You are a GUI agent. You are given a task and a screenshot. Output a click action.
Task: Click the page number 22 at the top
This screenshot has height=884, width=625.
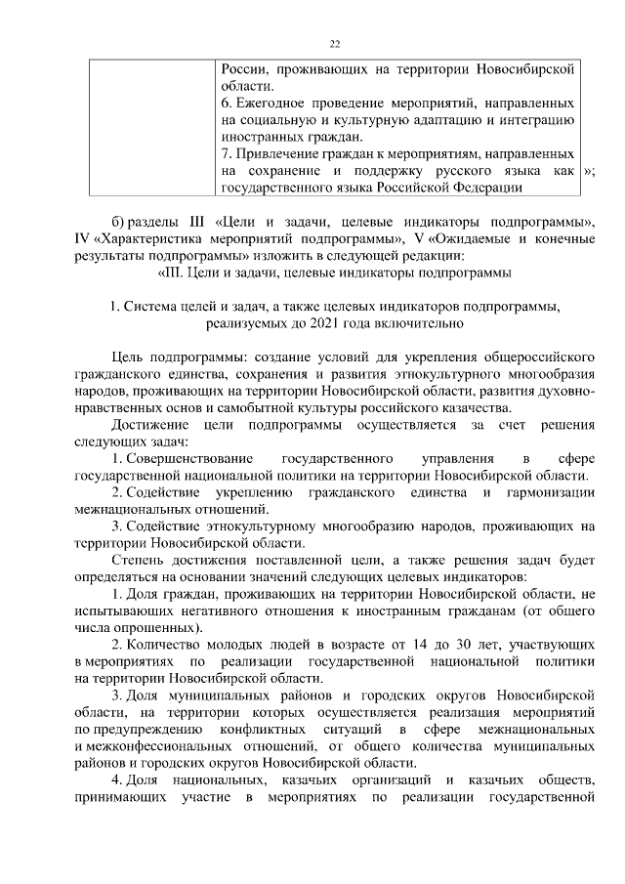point(335,44)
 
